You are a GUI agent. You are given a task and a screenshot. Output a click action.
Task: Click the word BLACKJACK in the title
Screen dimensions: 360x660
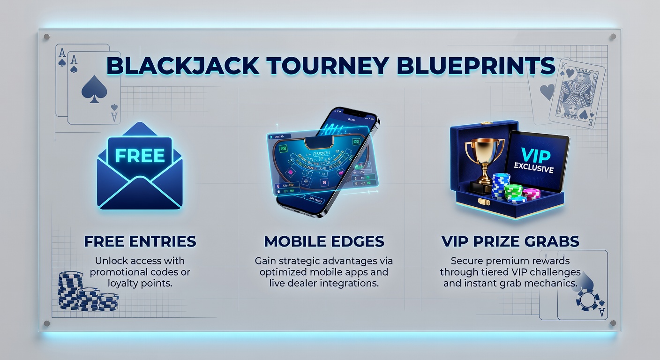pyautogui.click(x=183, y=66)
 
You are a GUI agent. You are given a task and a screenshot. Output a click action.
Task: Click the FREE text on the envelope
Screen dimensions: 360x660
pyautogui.click(x=140, y=156)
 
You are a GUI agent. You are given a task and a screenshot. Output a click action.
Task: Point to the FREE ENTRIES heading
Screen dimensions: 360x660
pyautogui.click(x=140, y=242)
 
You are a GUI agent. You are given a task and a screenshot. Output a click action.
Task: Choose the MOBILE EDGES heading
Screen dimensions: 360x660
pyautogui.click(x=324, y=242)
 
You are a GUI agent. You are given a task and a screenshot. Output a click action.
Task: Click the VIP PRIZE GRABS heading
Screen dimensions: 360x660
pyautogui.click(x=510, y=242)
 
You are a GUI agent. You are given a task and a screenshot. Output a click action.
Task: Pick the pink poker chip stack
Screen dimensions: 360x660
pyautogui.click(x=531, y=193)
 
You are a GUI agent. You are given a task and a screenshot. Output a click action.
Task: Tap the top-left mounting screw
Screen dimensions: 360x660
pyautogui.click(x=46, y=37)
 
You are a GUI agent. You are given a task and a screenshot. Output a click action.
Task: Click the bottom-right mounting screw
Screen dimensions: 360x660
pyautogui.click(x=613, y=323)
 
